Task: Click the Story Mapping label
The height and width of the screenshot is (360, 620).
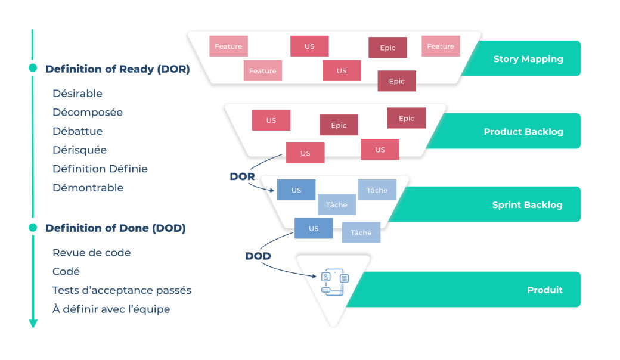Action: point(528,59)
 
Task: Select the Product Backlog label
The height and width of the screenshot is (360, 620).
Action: point(523,132)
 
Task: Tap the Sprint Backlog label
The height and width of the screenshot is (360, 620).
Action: point(527,205)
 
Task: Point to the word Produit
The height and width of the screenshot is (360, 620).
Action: point(544,290)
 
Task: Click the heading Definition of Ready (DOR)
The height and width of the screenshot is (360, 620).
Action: point(117,69)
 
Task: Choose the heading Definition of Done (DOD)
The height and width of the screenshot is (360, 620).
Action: point(115,228)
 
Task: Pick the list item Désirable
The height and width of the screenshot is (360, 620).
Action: point(77,94)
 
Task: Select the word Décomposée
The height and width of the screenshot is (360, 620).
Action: point(88,113)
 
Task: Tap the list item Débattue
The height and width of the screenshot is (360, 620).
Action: point(77,131)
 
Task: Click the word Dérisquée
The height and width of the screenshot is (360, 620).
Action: point(80,150)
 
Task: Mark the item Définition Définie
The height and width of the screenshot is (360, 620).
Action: point(100,169)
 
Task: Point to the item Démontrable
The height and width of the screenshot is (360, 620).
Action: point(88,188)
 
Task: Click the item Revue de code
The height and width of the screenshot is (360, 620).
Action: point(92,253)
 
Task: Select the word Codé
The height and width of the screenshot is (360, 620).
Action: point(66,271)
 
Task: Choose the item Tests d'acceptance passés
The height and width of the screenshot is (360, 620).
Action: point(122,290)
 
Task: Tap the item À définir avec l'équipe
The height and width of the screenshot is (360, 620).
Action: point(111,309)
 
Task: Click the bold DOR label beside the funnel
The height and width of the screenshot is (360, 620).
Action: point(242,176)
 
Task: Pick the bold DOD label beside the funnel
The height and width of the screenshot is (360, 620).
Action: point(258,256)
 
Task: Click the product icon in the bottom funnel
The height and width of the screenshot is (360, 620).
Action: point(334,281)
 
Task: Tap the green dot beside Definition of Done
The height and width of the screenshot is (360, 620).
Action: point(33,228)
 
